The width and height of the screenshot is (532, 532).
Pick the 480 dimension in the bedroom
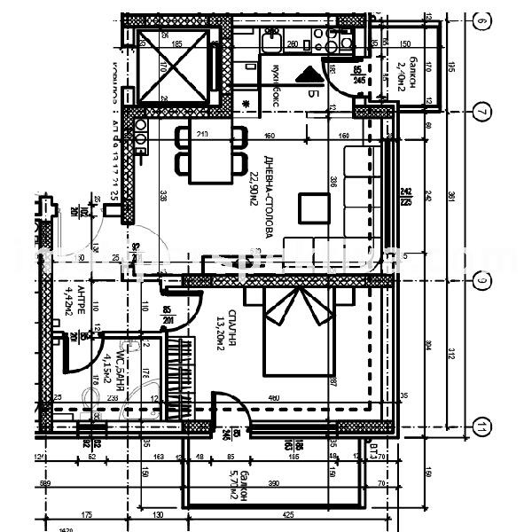point(274,398)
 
